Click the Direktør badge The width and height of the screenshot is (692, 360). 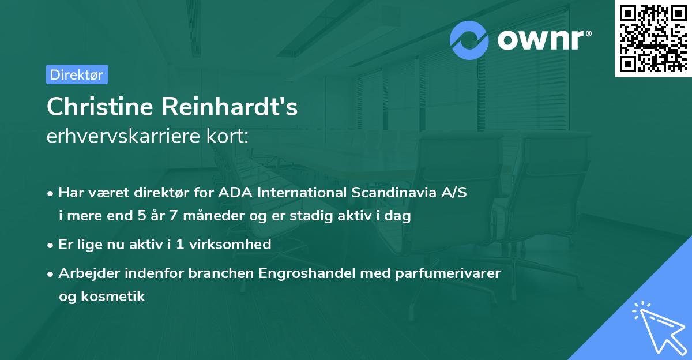(x=77, y=74)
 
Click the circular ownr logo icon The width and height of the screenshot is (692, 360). (x=469, y=40)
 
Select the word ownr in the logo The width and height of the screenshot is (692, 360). (x=542, y=40)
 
